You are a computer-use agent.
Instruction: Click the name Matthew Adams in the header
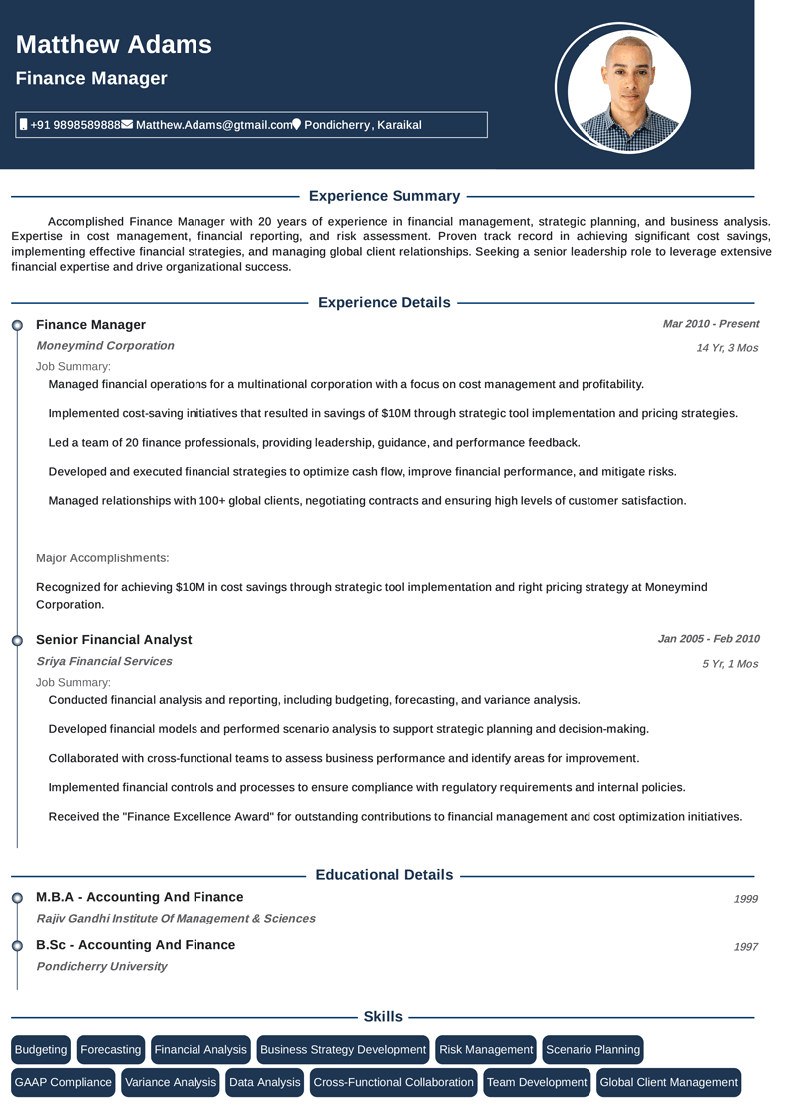[114, 45]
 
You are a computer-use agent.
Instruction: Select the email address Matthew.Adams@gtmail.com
[213, 125]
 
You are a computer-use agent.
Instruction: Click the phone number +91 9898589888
[75, 125]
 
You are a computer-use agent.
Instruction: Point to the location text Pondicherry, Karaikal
[362, 125]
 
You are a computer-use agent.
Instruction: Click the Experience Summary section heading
[384, 196]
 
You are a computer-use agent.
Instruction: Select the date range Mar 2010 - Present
[710, 324]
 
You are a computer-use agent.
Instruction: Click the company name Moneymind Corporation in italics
[105, 346]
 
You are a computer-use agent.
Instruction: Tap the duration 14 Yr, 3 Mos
[727, 348]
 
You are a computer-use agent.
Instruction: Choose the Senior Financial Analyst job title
[114, 640]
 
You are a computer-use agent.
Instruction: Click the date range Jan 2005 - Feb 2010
[708, 639]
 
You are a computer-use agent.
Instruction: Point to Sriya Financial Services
[104, 661]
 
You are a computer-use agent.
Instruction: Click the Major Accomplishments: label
[103, 558]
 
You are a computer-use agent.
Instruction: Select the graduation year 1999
[745, 899]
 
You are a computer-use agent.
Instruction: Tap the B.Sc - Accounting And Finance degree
[136, 945]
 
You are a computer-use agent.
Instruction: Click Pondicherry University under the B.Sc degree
[101, 966]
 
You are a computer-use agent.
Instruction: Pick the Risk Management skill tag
[486, 1050]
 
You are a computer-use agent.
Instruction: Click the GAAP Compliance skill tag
[63, 1082]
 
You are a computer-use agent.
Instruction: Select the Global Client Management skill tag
[668, 1082]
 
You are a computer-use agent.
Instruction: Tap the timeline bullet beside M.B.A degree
[17, 898]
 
